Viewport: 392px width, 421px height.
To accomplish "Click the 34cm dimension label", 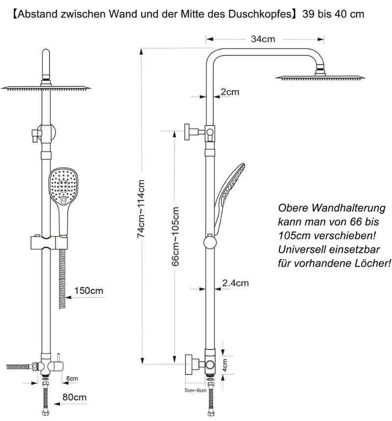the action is tap(263, 39).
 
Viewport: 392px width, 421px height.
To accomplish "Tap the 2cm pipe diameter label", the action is tap(230, 92).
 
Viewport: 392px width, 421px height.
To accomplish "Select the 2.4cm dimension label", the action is tap(235, 283).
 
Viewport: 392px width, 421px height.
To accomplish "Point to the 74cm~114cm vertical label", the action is tap(141, 209).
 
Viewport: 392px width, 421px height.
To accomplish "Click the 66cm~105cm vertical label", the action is tap(175, 236).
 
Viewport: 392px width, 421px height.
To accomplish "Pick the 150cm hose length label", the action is tap(89, 290).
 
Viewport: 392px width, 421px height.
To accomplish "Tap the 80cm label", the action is tap(74, 397).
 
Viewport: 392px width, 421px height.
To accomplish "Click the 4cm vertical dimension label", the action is tap(225, 365).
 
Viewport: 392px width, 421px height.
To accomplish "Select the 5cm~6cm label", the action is tap(196, 390).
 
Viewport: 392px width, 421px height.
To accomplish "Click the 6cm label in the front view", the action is tap(72, 378).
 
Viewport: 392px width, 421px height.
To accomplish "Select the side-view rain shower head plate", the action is tap(320, 78).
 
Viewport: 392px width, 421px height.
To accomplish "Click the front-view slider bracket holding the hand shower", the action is tap(49, 243).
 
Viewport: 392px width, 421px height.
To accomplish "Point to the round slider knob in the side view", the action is tap(210, 242).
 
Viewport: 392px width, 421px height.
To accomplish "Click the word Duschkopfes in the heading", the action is tap(260, 14).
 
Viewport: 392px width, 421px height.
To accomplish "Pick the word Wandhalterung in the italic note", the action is tap(349, 208).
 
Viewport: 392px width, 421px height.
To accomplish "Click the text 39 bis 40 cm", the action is tap(333, 14).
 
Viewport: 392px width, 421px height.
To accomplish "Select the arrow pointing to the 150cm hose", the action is tap(85, 297).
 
